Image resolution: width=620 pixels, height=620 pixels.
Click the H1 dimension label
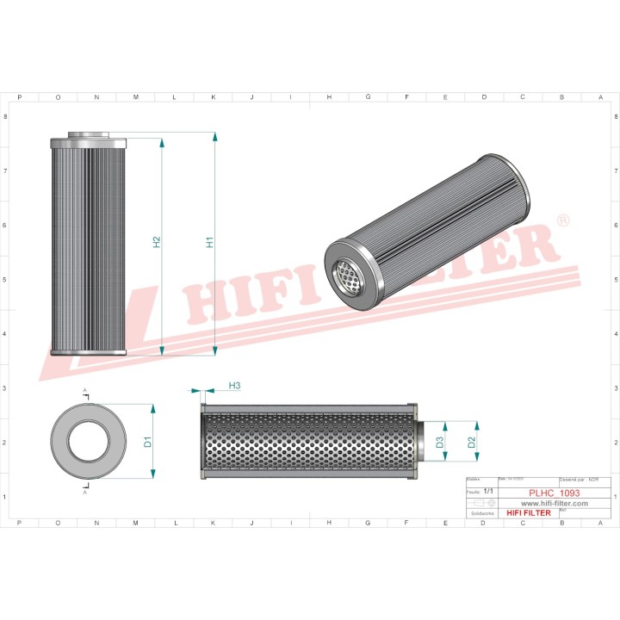coord(209,244)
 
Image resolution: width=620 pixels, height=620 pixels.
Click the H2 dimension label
coord(157,244)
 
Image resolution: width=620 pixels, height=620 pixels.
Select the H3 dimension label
coord(234,385)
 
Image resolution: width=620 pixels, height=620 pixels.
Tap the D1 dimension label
coord(148,442)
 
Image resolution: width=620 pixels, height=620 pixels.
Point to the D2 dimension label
coord(471,442)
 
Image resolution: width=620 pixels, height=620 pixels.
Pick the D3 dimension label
coord(439,443)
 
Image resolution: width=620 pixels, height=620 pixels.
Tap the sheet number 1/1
coord(488,489)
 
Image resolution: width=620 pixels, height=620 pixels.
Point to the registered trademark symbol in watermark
coord(563,221)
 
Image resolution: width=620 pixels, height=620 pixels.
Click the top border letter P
coord(20,97)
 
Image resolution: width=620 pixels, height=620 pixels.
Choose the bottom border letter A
coord(599,522)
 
